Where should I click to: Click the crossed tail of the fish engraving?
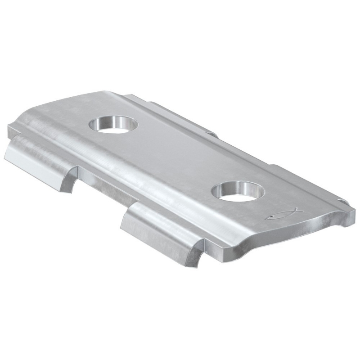click(269, 218)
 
